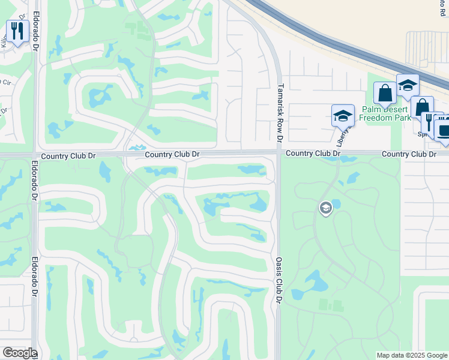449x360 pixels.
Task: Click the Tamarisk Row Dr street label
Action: coord(280,113)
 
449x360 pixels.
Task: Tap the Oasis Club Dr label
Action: coord(279,280)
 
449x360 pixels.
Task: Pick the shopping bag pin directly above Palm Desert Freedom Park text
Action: coord(385,94)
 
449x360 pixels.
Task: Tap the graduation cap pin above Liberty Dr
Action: coord(343,116)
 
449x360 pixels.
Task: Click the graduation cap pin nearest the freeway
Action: coord(408,85)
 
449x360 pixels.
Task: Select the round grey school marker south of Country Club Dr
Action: coord(325,208)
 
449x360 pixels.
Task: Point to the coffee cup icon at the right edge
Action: coord(444,130)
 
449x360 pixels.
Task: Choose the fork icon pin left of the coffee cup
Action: coord(430,122)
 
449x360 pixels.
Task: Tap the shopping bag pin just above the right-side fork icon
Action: coord(422,107)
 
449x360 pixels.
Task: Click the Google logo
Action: coord(19,353)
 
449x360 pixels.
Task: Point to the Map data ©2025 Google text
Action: coord(411,355)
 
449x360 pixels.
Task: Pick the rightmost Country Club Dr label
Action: coord(409,154)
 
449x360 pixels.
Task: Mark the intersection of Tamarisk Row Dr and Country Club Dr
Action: coord(279,154)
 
